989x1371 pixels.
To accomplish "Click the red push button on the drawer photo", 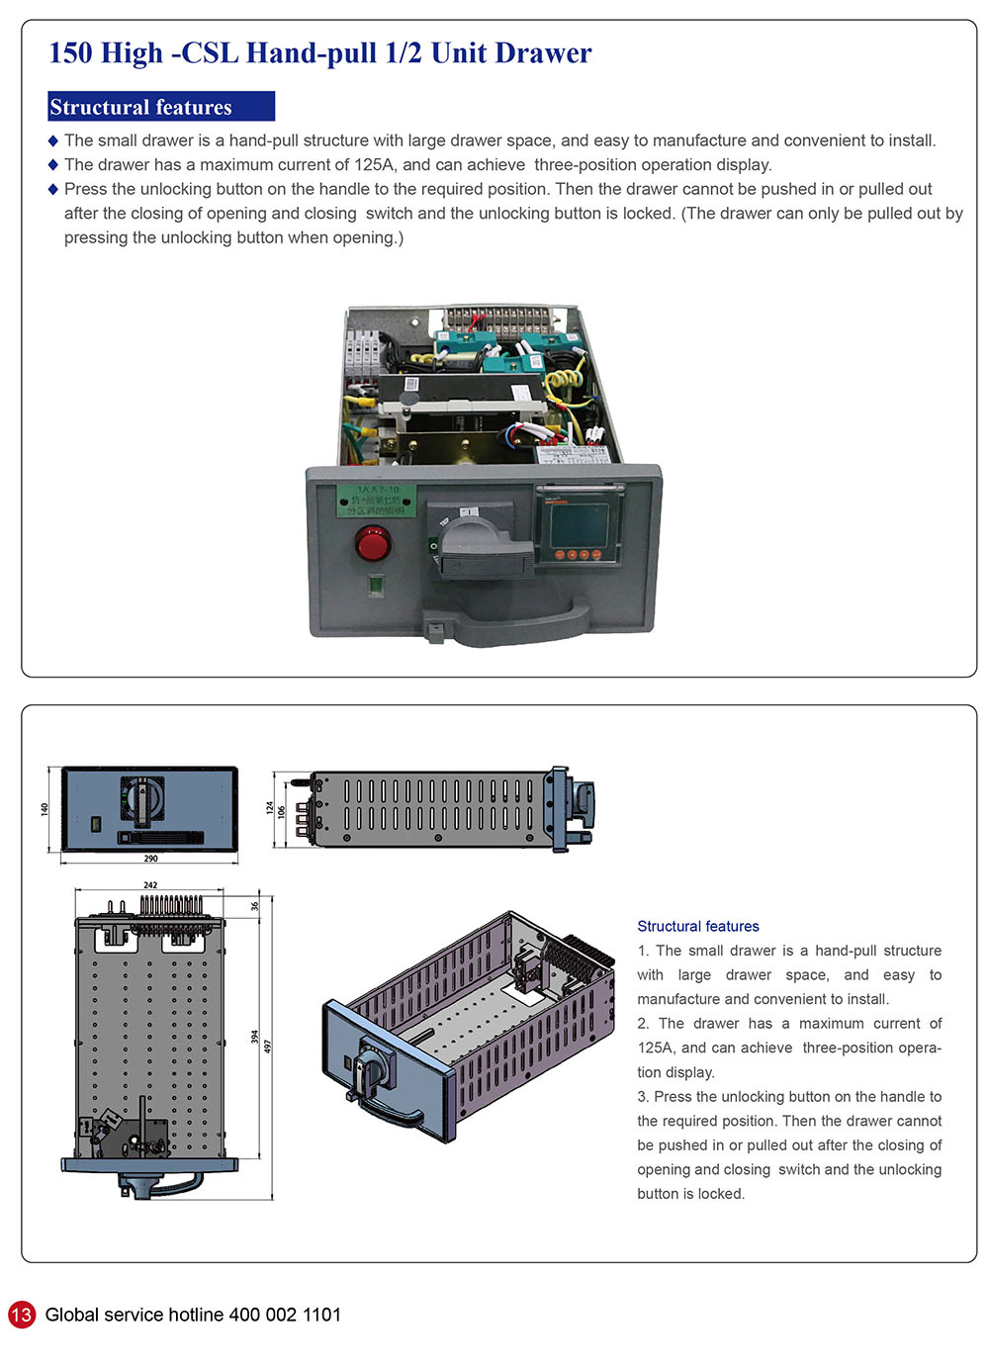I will (373, 543).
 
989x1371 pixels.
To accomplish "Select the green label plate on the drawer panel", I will (375, 500).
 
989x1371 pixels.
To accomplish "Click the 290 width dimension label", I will (150, 859).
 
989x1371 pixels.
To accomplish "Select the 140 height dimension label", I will (44, 809).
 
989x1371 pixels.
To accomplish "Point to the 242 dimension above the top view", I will (150, 885).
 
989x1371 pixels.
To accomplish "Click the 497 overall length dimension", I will (267, 1046).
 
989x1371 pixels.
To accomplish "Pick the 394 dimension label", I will (254, 1037).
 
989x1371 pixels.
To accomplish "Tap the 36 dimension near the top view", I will (254, 905).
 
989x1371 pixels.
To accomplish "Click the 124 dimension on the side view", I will (269, 808).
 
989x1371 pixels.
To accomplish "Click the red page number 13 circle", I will (21, 1315).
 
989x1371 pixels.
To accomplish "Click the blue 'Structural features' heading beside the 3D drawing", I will (698, 926).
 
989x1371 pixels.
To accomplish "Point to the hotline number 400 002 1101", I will (285, 1315).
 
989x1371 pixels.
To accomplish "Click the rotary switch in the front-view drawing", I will (142, 798).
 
